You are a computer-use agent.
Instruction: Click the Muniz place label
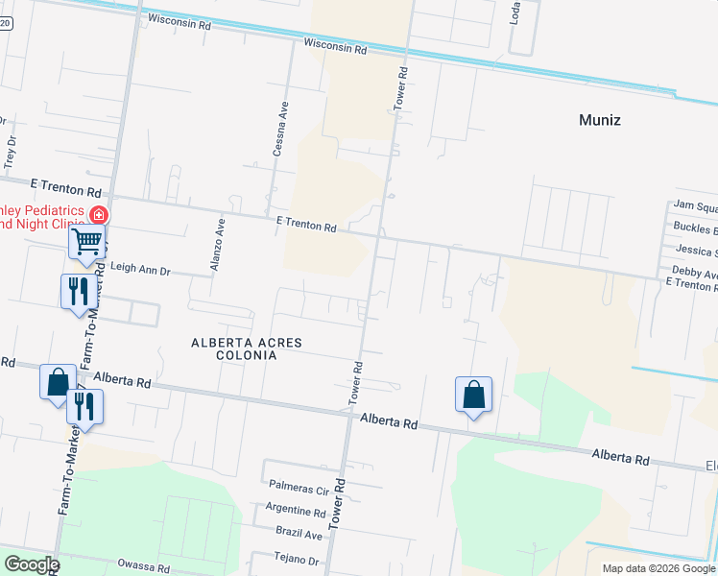[x=600, y=120]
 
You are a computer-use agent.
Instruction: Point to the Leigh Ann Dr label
[x=140, y=271]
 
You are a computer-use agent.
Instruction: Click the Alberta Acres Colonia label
[x=247, y=348]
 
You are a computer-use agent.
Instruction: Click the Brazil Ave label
[x=298, y=534]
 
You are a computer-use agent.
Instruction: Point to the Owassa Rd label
[x=143, y=565]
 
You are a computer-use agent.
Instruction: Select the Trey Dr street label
[x=12, y=151]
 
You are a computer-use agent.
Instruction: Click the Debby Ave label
[x=694, y=274]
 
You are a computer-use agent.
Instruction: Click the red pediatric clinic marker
[x=98, y=215]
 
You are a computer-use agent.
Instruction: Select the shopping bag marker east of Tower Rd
[x=473, y=394]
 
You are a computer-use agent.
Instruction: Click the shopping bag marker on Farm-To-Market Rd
[x=57, y=382]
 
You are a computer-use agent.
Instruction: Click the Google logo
[x=31, y=564]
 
